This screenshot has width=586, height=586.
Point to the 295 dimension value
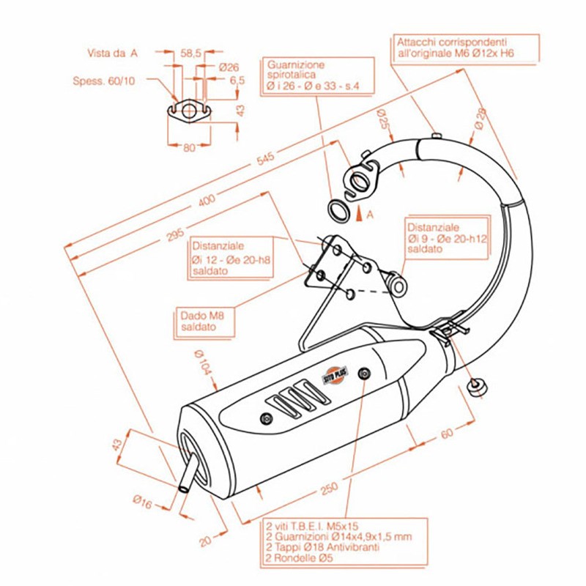pos(174,235)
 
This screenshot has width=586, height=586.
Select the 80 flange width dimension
pos(188,147)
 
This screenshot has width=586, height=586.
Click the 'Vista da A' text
pos(112,53)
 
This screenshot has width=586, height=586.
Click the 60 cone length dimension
pos(447,434)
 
